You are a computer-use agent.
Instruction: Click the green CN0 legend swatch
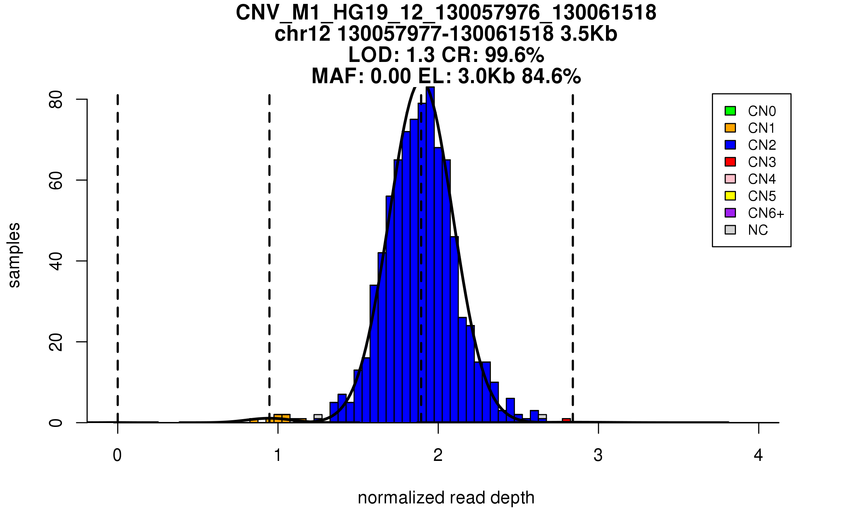(730, 111)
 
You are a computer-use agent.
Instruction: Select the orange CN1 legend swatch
(730, 128)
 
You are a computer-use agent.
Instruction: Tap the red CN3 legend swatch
(730, 162)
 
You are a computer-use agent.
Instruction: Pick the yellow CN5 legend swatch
(730, 196)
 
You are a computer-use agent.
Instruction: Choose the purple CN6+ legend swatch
(730, 213)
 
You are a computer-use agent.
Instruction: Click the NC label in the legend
(758, 230)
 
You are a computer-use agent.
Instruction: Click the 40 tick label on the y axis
(56, 261)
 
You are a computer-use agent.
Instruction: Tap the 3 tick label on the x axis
(598, 455)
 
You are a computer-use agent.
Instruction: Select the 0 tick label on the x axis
(117, 455)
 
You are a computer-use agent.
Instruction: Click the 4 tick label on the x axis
(758, 455)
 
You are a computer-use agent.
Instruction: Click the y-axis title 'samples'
(14, 255)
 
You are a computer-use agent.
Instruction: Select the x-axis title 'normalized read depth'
(446, 498)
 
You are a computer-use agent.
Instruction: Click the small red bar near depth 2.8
(566, 421)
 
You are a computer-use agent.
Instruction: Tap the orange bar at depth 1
(282, 418)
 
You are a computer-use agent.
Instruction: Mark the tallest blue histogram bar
(430, 255)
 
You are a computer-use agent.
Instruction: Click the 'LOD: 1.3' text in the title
(391, 55)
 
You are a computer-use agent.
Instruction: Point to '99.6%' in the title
(514, 55)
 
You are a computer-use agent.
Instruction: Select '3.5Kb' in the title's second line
(589, 34)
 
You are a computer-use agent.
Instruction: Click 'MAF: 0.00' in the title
(361, 76)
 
